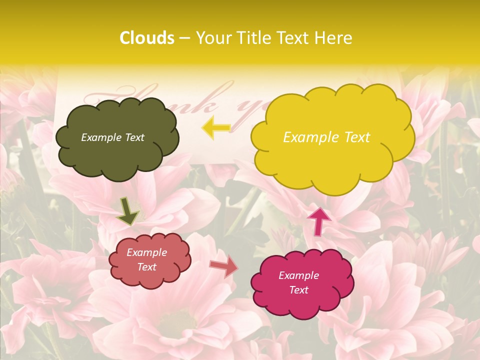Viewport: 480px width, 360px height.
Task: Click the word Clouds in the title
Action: tap(147, 38)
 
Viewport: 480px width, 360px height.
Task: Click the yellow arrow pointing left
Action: tap(216, 128)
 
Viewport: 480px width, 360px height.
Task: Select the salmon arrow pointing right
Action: tap(223, 266)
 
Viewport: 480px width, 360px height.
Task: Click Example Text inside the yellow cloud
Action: tap(326, 137)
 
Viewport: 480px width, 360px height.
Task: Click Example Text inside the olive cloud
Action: tap(112, 137)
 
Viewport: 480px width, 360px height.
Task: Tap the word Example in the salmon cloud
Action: tap(147, 252)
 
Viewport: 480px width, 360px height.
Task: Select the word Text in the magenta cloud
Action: tap(299, 290)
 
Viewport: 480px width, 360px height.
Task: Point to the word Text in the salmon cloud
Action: tap(147, 267)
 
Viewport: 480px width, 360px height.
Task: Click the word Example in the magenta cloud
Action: tap(299, 275)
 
